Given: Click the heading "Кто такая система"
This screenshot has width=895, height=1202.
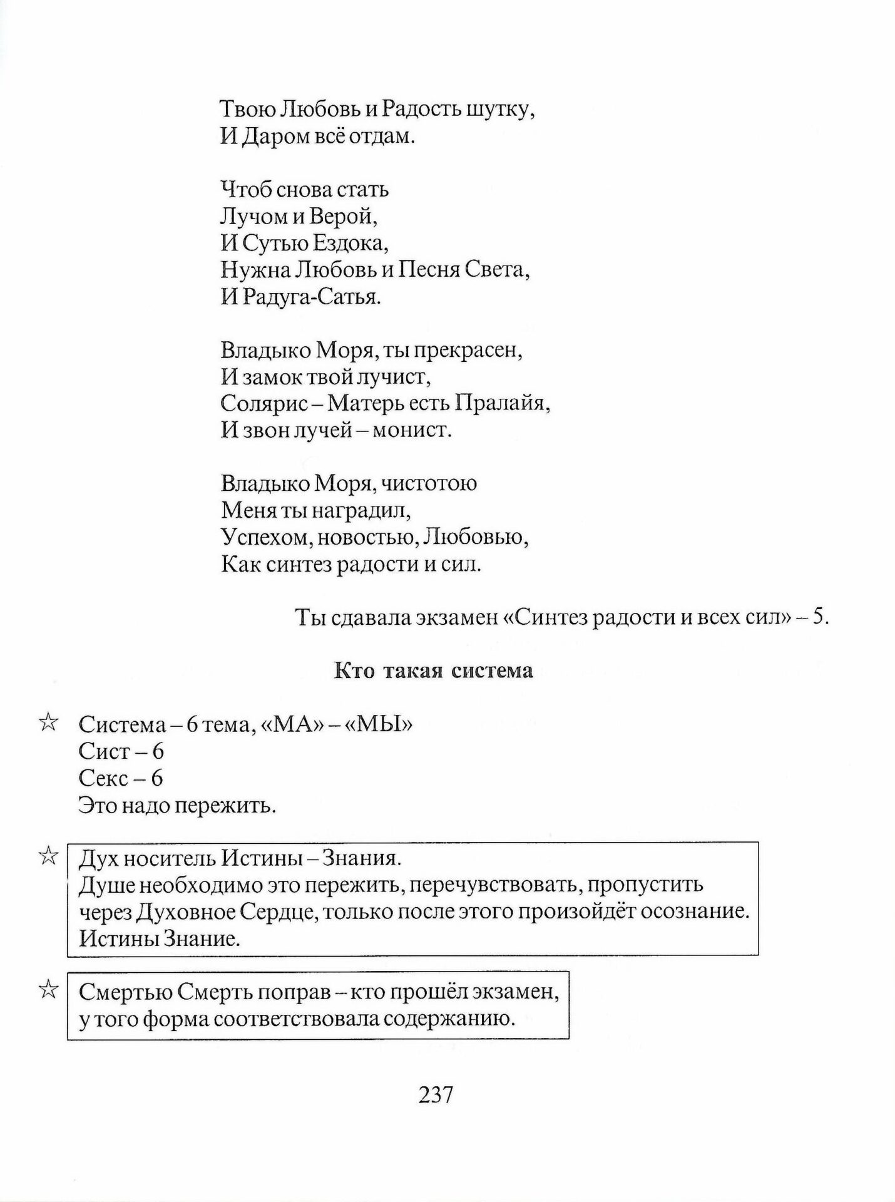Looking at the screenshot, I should [434, 670].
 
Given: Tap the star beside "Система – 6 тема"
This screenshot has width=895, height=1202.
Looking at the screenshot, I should [48, 723].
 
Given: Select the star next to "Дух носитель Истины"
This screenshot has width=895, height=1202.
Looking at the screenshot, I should [48, 856].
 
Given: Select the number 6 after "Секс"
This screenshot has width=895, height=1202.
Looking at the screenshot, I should [156, 778].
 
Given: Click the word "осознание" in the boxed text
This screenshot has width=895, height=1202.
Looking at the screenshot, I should [695, 912].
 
